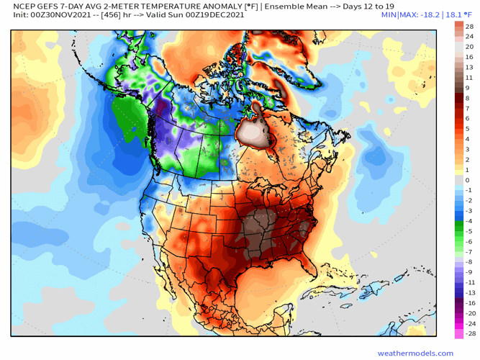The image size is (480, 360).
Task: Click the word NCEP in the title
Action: pos(16,5)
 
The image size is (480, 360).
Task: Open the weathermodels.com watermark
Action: pos(415,353)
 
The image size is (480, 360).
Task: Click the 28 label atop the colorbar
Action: pos(468,25)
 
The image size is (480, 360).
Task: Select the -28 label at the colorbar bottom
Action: pos(468,334)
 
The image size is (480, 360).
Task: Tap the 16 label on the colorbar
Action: pos(468,56)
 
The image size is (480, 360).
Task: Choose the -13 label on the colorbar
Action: pos(468,293)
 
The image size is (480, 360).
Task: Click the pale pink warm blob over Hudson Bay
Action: pos(257,132)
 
